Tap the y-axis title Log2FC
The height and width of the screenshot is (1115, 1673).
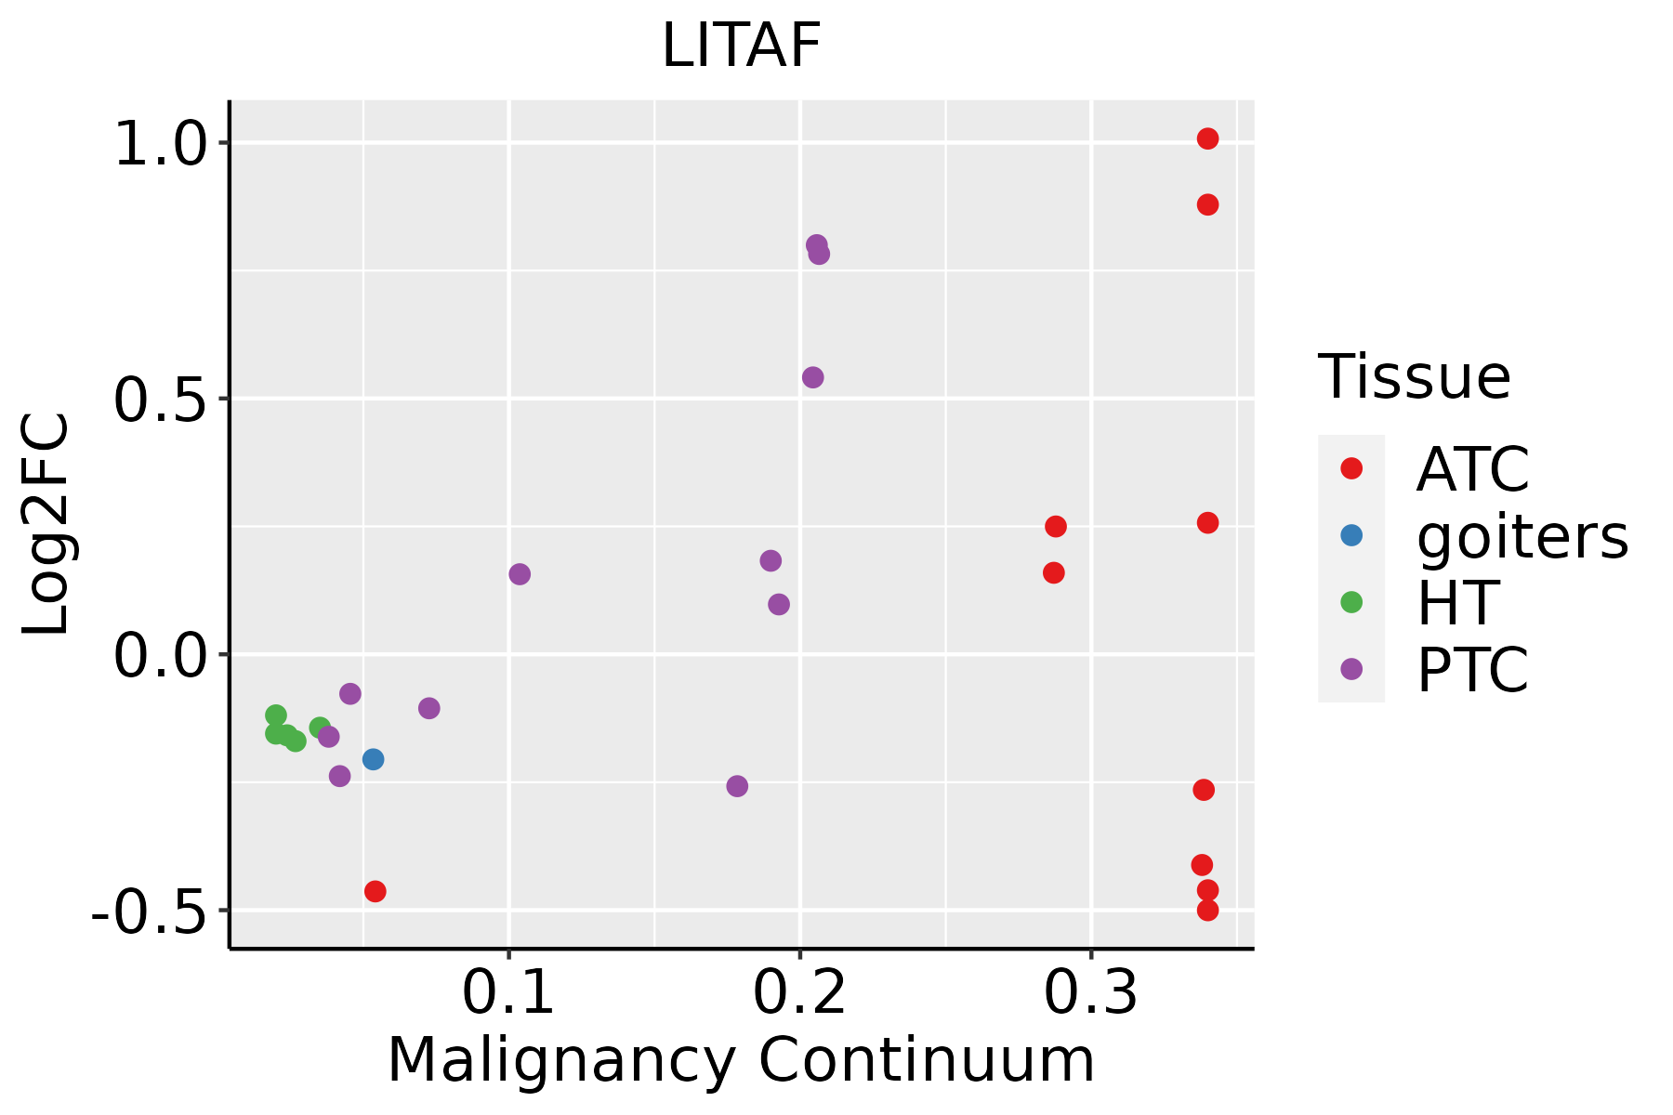pyautogui.click(x=46, y=525)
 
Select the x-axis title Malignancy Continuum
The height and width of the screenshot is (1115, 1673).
pyautogui.click(x=741, y=1060)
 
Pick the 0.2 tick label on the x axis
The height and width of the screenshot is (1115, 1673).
pyautogui.click(x=799, y=993)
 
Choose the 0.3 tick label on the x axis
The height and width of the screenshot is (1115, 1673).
pyautogui.click(x=1090, y=993)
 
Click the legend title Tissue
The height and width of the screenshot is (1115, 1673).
pyautogui.click(x=1415, y=377)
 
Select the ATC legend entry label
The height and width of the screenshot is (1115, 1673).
pyautogui.click(x=1472, y=469)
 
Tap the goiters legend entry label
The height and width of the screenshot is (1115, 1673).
pyautogui.click(x=1522, y=536)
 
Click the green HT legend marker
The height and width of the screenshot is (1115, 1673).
pyautogui.click(x=1351, y=602)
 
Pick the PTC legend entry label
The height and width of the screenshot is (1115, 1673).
pyautogui.click(x=1472, y=670)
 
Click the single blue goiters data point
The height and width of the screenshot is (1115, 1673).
pyautogui.click(x=374, y=759)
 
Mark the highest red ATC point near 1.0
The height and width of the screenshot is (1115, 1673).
pyautogui.click(x=1207, y=138)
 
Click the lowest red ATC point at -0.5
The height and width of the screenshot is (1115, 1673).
pyautogui.click(x=1207, y=910)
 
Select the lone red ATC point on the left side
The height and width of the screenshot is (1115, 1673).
pyautogui.click(x=375, y=891)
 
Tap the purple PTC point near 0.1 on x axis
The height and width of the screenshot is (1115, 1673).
pyautogui.click(x=520, y=574)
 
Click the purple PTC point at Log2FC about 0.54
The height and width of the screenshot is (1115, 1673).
pyautogui.click(x=813, y=377)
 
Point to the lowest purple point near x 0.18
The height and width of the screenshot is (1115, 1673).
pyautogui.click(x=737, y=786)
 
